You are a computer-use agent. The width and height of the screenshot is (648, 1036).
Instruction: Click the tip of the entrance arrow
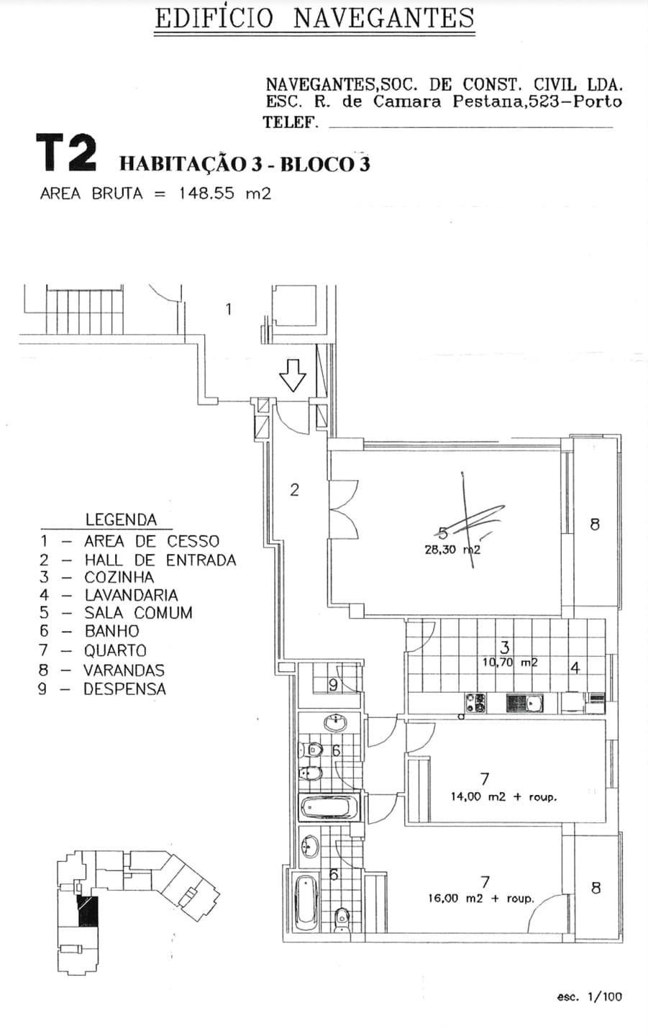pyautogui.click(x=293, y=391)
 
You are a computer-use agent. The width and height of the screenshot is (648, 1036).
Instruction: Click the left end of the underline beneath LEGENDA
pyautogui.click(x=41, y=529)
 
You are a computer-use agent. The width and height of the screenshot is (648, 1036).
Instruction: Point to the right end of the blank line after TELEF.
pyautogui.click(x=613, y=127)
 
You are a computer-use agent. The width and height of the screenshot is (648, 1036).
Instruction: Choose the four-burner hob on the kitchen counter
pyautogui.click(x=475, y=702)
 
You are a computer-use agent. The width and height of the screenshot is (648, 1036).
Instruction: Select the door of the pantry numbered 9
pyautogui.click(x=350, y=678)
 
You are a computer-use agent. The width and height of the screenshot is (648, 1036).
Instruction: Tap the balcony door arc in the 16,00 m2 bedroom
pyautogui.click(x=547, y=912)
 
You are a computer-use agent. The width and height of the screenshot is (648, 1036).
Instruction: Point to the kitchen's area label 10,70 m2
pyautogui.click(x=510, y=662)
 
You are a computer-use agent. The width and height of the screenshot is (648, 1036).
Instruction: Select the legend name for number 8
pyautogui.click(x=124, y=670)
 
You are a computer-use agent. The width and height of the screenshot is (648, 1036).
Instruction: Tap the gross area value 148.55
pyautogui.click(x=207, y=193)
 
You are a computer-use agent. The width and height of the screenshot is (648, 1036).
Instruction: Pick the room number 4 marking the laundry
pyautogui.click(x=575, y=668)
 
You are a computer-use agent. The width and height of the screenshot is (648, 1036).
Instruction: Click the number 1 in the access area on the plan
pyautogui.click(x=228, y=309)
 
